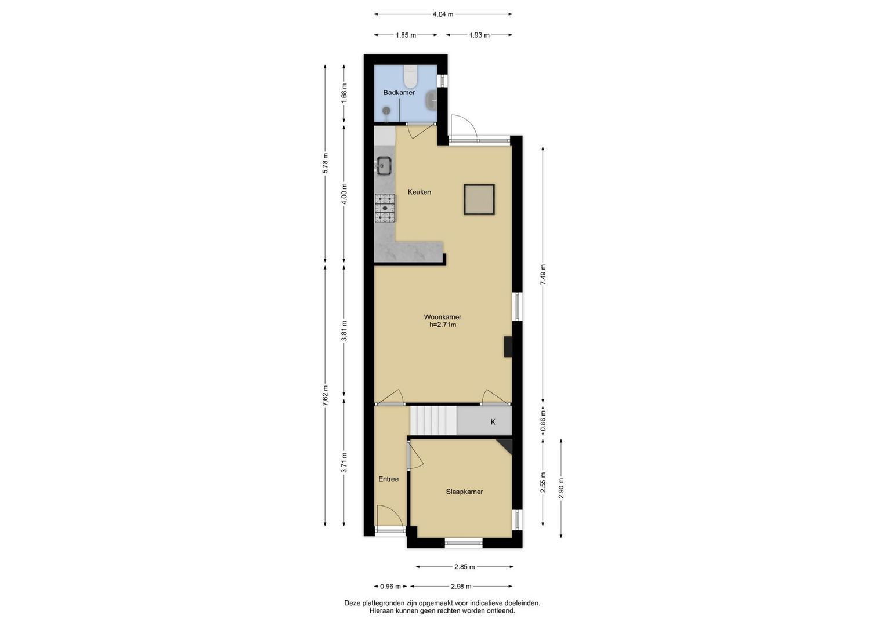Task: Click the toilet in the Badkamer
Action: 410,77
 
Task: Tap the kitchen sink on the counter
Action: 107,165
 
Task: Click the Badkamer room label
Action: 399,93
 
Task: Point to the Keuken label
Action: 420,192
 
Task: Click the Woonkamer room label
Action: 443,317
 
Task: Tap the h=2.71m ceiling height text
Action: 443,325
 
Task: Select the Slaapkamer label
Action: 464,492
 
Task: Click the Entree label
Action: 388,479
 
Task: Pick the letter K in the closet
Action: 493,422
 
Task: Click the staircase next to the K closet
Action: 433,420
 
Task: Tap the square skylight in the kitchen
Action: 479,199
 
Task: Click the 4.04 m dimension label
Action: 443,14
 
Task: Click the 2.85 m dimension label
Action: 464,567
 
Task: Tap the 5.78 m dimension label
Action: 325,163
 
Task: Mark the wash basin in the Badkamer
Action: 431,100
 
